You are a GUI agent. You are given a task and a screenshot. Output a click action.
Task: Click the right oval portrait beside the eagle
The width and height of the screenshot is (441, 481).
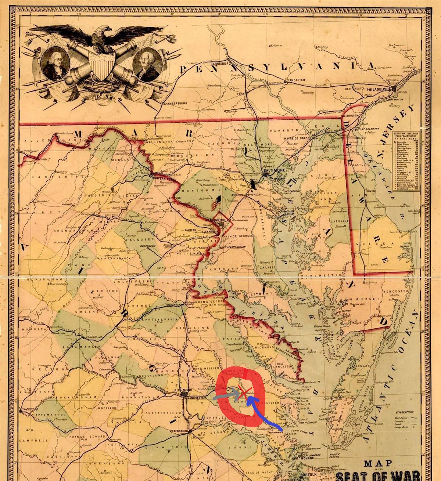(147, 64)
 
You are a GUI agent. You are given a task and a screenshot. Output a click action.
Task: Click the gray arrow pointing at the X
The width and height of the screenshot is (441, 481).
(226, 395)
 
